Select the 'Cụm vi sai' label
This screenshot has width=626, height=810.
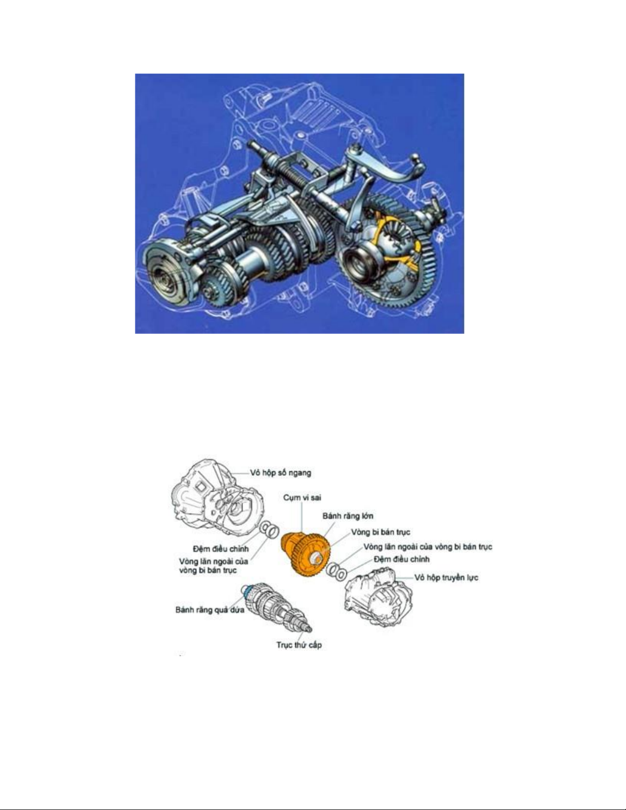click(302, 498)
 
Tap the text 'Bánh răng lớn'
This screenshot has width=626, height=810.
click(347, 516)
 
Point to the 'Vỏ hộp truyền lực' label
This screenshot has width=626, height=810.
click(447, 577)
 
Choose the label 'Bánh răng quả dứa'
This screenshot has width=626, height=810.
click(210, 610)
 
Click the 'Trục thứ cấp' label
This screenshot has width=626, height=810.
click(299, 644)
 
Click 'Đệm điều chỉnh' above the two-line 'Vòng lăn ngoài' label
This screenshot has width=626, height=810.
click(221, 549)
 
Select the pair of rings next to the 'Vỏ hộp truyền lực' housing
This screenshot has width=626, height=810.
click(337, 571)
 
